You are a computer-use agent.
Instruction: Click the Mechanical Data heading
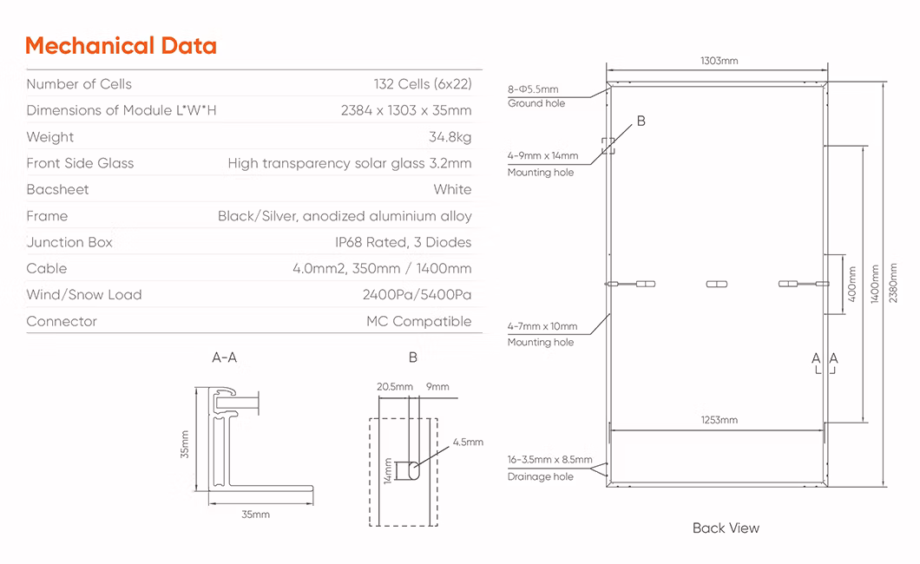121,46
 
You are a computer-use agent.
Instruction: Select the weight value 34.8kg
450,137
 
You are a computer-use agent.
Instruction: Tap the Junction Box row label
69,242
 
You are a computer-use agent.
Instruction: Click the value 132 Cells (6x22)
423,84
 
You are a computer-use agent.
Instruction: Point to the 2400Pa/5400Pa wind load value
417,295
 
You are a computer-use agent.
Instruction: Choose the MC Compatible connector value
418,321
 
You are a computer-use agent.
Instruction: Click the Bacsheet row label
57,189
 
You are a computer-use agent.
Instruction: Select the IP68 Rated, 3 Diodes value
403,242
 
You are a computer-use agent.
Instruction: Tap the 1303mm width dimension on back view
718,61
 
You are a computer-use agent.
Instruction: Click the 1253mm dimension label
719,420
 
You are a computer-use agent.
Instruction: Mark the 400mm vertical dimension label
851,284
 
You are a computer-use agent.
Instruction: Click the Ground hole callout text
536,103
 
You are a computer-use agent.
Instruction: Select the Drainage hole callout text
540,477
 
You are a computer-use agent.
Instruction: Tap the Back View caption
726,528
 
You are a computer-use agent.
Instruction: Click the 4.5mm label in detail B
467,443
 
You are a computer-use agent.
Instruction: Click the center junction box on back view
716,283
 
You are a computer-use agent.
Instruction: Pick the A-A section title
224,357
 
